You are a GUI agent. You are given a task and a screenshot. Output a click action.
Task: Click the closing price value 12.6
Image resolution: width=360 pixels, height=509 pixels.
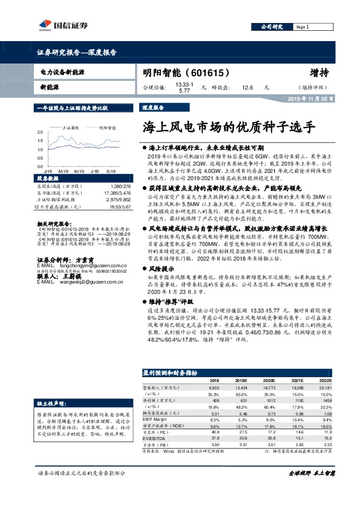click(x=247, y=87)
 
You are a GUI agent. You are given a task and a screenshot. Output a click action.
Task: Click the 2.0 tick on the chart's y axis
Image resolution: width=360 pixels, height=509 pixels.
click(x=39, y=131)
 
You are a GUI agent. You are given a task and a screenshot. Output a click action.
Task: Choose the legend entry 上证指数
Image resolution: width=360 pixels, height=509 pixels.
click(x=71, y=128)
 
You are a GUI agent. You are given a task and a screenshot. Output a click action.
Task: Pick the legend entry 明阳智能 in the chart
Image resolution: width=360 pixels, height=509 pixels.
click(x=108, y=128)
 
